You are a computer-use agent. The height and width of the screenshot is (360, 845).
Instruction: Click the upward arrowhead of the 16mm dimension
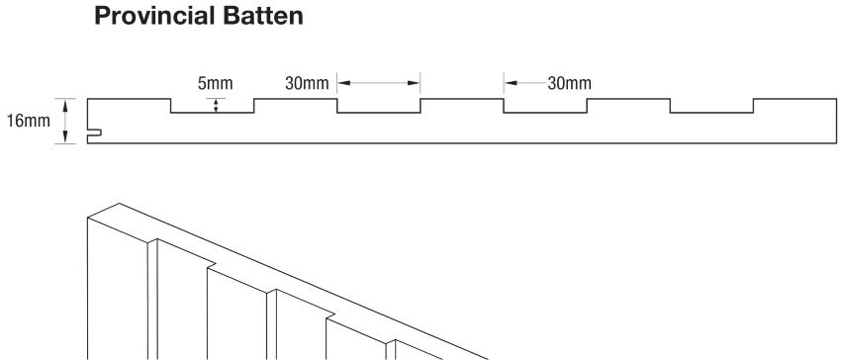[x=65, y=103]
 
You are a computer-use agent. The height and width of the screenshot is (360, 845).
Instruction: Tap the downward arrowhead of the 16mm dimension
[x=65, y=138]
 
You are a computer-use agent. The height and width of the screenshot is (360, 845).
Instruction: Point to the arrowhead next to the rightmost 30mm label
[x=511, y=83]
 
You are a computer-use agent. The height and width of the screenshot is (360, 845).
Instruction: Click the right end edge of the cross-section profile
[x=835, y=122]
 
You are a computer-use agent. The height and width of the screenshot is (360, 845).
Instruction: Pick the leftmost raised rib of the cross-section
[x=129, y=100]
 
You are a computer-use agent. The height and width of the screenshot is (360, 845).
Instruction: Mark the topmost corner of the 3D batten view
[x=119, y=204]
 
